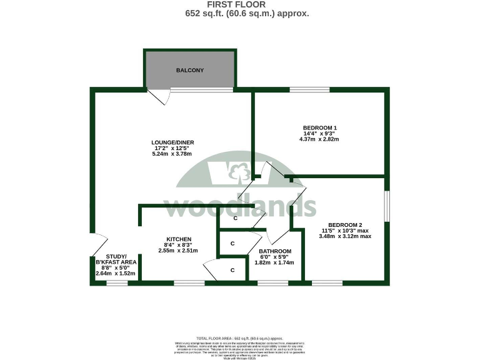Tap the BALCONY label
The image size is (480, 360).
[189, 71]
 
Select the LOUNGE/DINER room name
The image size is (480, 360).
[172, 142]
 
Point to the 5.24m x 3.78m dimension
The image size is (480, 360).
[172, 154]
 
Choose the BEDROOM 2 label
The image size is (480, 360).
[345, 225]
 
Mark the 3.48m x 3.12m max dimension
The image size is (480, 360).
[345, 236]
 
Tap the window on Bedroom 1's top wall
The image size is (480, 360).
[309, 90]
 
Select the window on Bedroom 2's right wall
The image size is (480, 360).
[387, 206]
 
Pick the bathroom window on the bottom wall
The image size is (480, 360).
[273, 283]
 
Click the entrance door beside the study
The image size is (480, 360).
[99, 244]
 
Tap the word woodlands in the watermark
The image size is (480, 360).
[240, 207]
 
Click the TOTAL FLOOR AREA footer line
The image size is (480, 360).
[240, 337]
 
